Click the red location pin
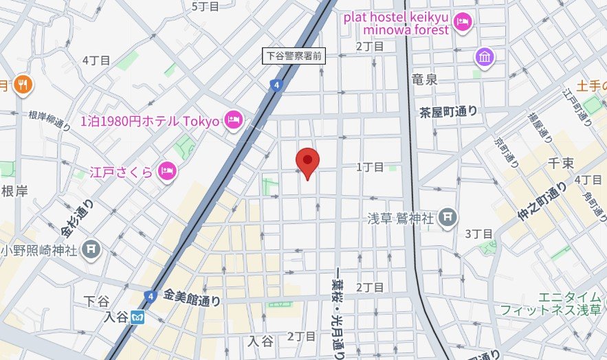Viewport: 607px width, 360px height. [308, 162]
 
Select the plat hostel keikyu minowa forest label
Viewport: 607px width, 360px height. [397, 23]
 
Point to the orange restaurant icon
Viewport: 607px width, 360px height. [23, 85]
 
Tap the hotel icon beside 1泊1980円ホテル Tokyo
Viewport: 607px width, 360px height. [233, 120]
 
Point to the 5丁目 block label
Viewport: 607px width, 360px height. [205, 6]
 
